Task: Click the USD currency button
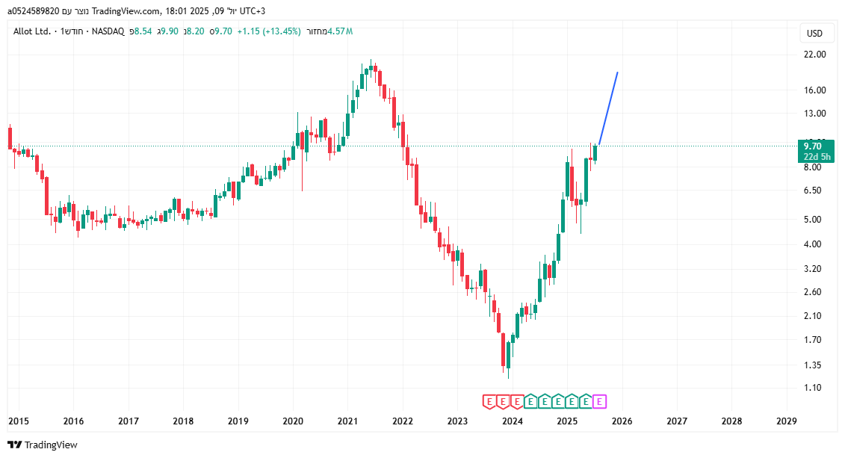point(814,34)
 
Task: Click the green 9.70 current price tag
point(814,146)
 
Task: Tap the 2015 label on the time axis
point(19,421)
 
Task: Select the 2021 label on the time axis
point(347,421)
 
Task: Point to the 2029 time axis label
point(787,421)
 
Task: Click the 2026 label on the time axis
point(622,421)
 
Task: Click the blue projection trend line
point(608,108)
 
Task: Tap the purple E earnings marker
point(599,402)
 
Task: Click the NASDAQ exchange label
point(108,31)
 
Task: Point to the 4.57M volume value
point(339,31)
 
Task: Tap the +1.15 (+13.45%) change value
point(269,31)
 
